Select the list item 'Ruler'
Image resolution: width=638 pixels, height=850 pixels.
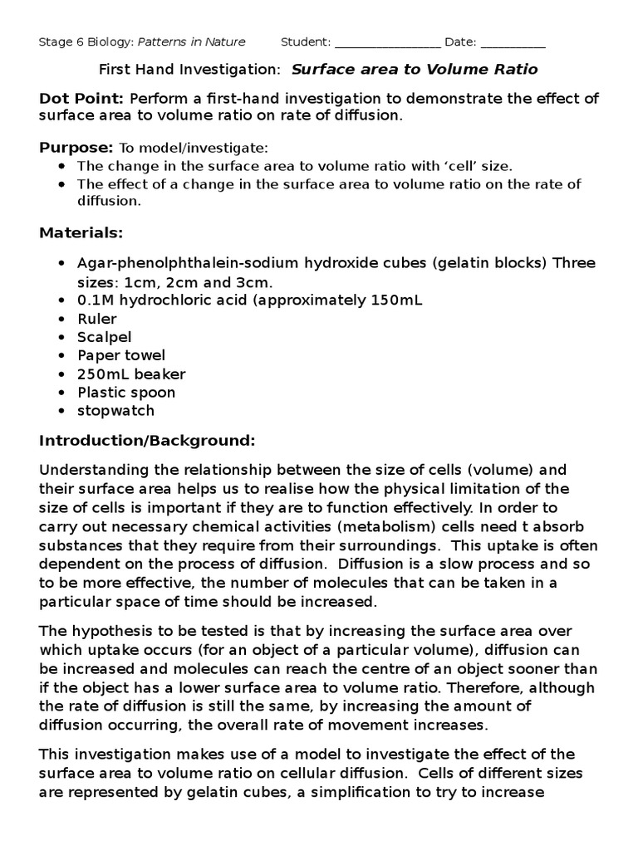97,319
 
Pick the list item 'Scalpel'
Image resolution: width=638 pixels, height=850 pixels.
105,337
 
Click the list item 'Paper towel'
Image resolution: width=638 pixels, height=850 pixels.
121,355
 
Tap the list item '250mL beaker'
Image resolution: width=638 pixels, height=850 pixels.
131,374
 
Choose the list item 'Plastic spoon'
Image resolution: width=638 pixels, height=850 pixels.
126,392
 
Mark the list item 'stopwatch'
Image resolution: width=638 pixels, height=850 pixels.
116,410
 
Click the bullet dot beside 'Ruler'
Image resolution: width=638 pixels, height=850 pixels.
62,320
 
